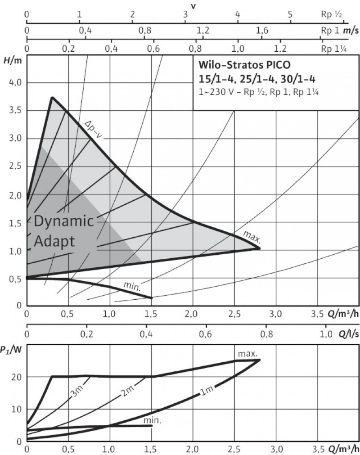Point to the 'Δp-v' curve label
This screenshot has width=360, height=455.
[94, 129]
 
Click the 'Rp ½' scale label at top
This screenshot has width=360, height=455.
[332, 14]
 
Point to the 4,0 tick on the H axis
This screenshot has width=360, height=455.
[16, 83]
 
